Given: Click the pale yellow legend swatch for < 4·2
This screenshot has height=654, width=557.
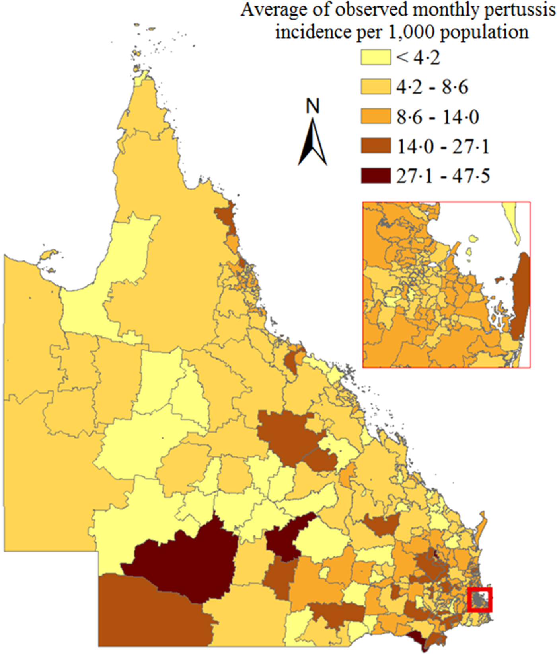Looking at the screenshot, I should (376, 57).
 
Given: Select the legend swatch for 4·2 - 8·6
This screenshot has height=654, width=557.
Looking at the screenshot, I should (376, 87).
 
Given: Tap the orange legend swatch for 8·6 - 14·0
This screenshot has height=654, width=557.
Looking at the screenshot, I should (376, 117).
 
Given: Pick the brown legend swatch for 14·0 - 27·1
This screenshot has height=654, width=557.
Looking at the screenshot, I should (376, 146).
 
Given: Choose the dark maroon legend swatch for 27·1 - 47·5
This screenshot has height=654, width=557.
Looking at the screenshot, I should (376, 176).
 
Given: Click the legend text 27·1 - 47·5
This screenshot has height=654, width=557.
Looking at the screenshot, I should (443, 176).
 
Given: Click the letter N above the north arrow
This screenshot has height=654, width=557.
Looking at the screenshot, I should (313, 107).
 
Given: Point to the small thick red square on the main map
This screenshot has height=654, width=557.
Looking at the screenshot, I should (480, 599).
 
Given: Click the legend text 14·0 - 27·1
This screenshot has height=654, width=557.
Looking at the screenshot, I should (443, 147).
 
